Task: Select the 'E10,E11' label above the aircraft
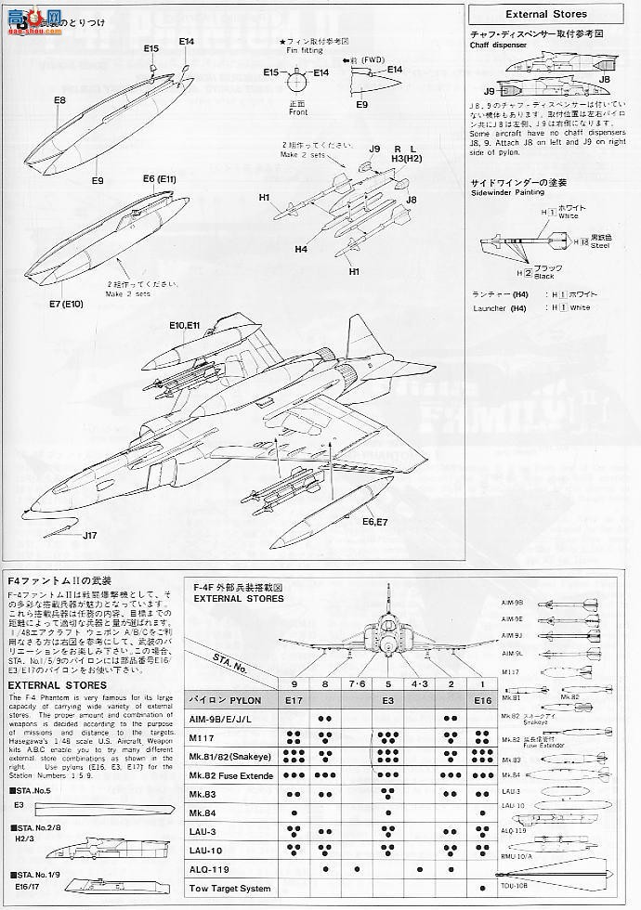point(186,326)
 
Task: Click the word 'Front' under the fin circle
point(297,112)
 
